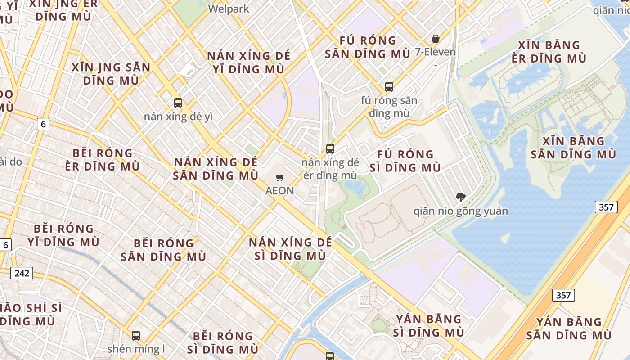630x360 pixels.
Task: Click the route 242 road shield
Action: [22, 273]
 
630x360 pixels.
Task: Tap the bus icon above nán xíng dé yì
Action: [178, 103]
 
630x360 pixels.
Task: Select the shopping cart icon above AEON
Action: [280, 178]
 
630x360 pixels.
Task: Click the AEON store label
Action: [279, 191]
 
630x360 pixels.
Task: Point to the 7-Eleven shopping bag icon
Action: [435, 39]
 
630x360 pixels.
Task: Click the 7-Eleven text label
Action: [435, 52]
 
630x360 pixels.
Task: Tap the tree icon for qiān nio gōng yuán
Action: [460, 197]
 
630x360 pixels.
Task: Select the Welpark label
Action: [229, 9]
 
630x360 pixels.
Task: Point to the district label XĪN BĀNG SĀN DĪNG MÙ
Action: [573, 148]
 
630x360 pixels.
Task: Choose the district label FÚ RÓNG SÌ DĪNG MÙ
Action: [405, 161]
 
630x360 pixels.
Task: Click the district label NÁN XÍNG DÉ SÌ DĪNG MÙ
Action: [290, 249]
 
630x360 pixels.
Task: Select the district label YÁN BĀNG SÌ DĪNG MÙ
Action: [428, 326]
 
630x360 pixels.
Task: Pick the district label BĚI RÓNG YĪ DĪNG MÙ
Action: [63, 235]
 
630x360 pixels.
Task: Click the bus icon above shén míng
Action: [136, 335]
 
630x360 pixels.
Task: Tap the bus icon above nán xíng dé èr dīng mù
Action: [330, 148]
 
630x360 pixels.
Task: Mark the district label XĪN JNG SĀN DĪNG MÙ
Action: [111, 74]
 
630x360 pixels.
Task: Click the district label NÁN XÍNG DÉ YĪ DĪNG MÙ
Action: [248, 63]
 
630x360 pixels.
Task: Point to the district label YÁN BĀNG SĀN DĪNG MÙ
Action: [569, 328]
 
